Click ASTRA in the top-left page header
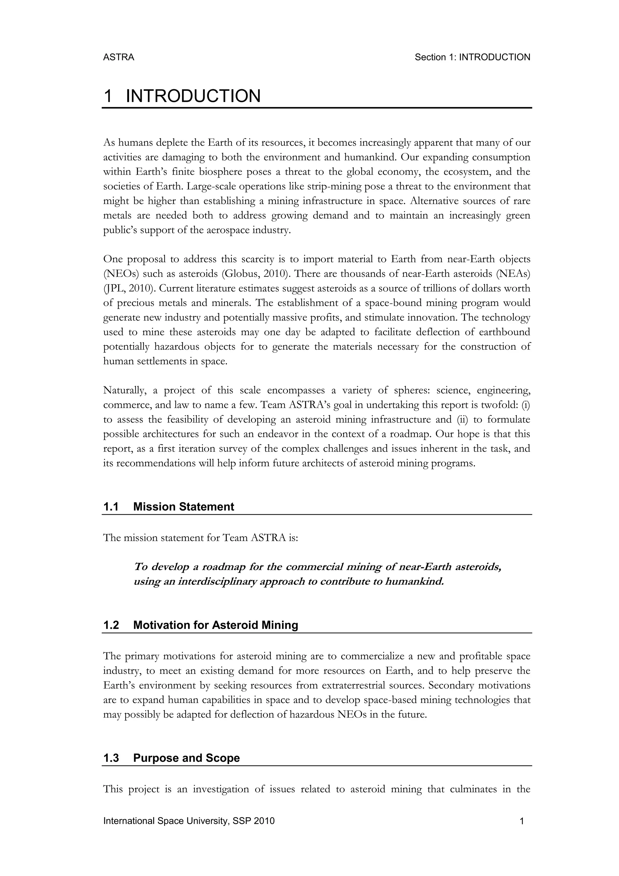click(118, 57)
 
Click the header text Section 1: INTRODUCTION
click(472, 57)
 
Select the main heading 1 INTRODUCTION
click(182, 96)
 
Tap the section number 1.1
click(111, 507)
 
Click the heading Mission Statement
click(183, 507)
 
